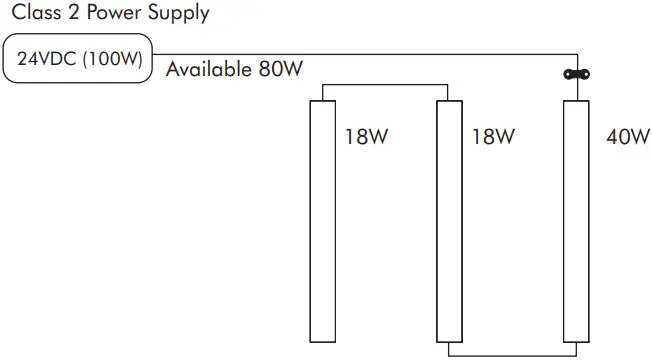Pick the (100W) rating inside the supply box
pos(112,58)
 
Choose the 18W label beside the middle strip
pos(493,136)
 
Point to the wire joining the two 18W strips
pos(385,86)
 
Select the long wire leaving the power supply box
pos(360,54)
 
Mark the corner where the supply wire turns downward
pos(576,55)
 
